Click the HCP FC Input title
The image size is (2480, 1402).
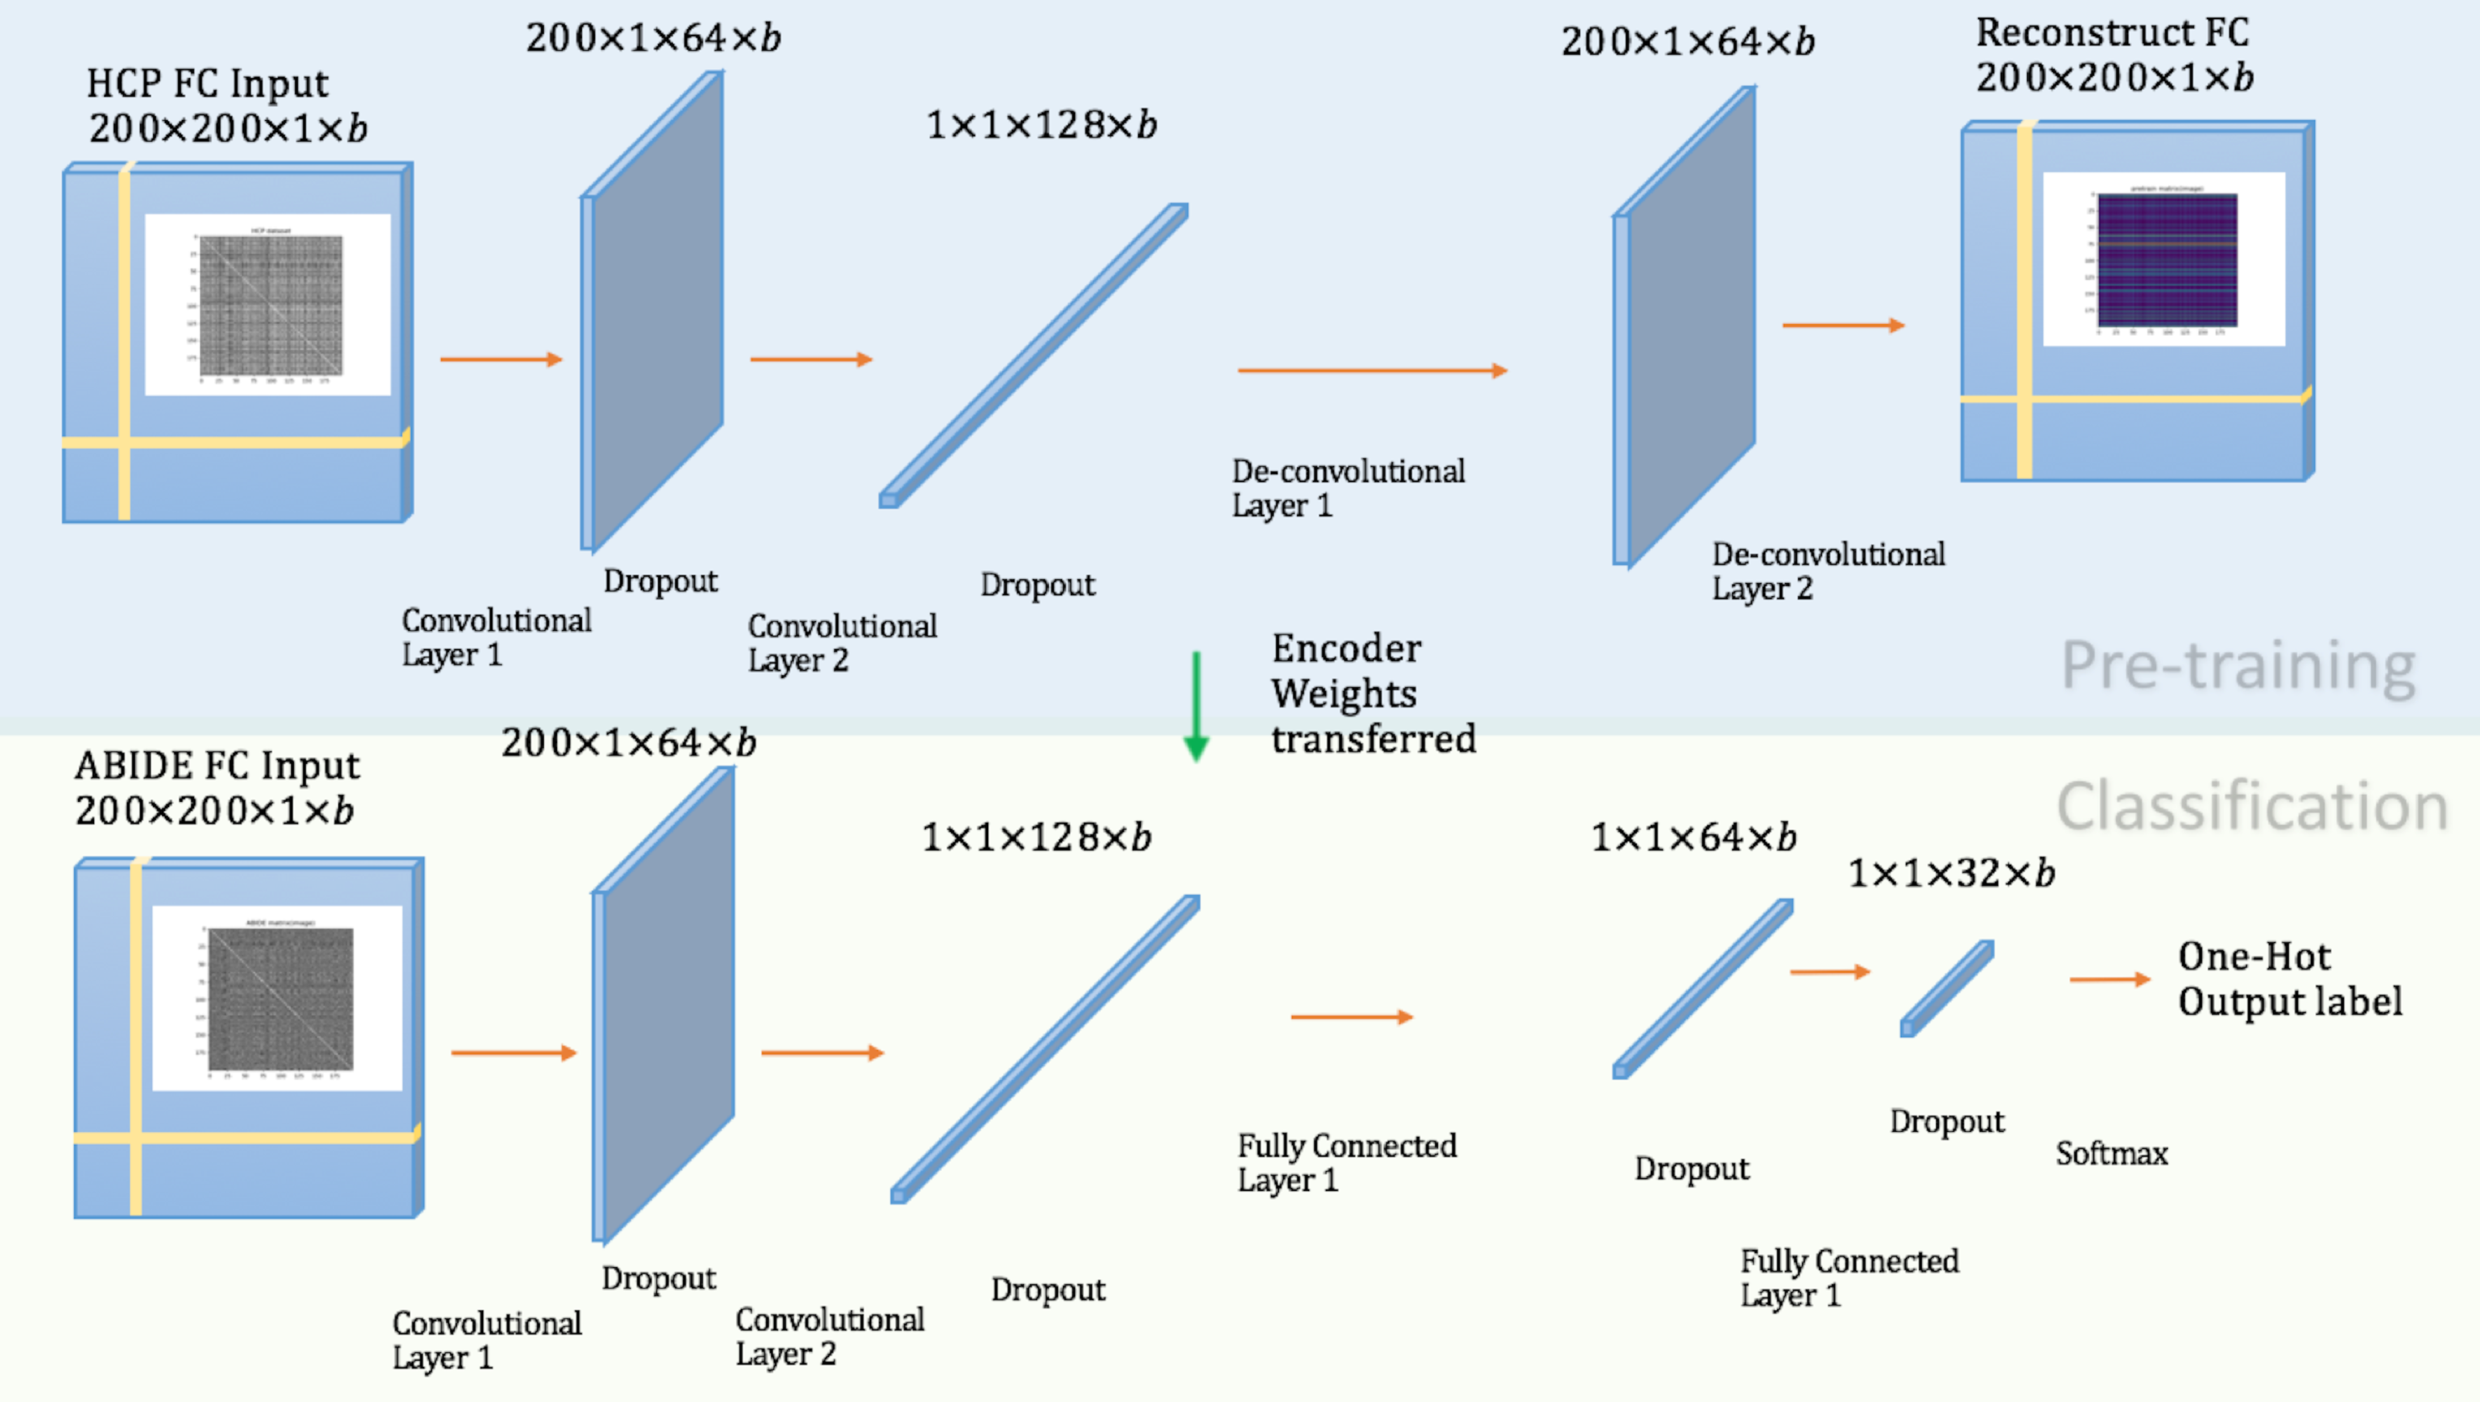coord(208,84)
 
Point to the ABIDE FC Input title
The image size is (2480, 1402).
coord(217,766)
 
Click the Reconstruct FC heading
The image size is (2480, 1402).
coord(2112,32)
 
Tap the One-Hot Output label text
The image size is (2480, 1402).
coord(2289,979)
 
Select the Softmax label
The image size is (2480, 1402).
coord(2111,1153)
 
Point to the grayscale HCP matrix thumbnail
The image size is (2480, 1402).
coord(270,305)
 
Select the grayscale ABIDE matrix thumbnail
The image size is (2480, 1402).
coord(280,998)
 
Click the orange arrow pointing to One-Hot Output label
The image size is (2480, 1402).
coord(2109,979)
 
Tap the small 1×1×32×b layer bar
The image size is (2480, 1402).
coord(1946,988)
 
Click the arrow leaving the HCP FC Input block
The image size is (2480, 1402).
coord(500,359)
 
